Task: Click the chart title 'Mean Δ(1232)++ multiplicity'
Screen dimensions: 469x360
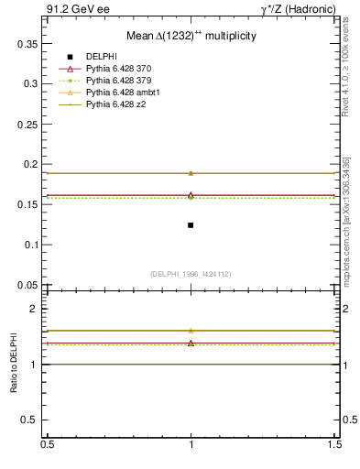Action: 191,35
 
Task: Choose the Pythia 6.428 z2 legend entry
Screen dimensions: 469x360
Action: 115,104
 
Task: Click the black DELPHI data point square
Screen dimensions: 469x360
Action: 191,224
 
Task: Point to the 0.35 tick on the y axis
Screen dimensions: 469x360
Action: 30,43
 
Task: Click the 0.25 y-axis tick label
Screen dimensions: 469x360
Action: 30,124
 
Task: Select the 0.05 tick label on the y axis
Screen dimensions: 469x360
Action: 30,285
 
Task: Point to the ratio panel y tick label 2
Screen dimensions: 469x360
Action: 35,309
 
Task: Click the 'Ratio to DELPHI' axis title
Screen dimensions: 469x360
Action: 15,364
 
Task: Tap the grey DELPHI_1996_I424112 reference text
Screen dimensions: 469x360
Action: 191,273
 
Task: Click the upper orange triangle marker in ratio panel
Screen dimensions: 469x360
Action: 191,331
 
